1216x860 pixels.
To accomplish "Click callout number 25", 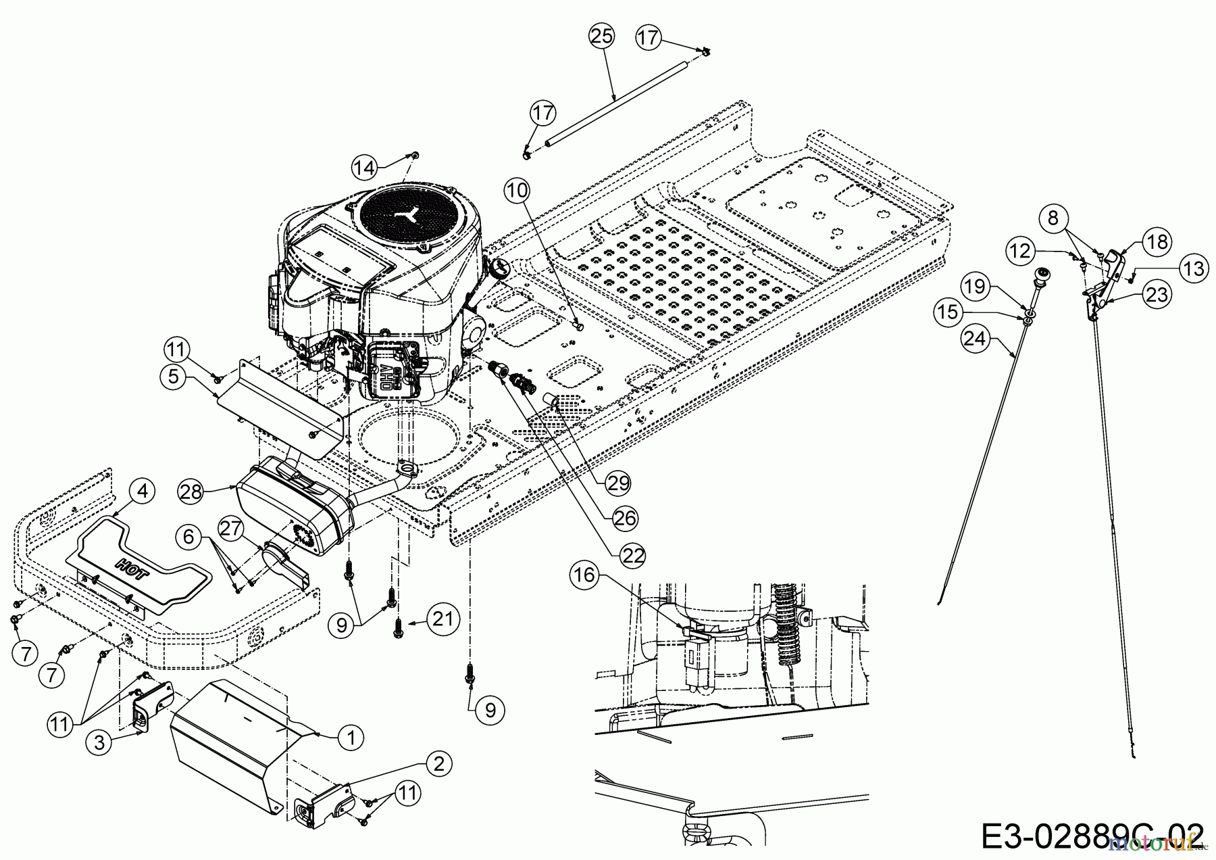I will point(602,36).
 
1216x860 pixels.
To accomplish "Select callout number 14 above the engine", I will point(365,167).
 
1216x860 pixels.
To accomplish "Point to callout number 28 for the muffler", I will point(191,492).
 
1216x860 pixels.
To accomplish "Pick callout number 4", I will point(141,492).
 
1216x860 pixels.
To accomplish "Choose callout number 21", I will point(442,619).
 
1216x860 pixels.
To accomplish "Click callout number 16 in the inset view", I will point(584,575).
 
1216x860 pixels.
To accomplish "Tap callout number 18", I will point(1157,242).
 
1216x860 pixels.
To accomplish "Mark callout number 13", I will point(1194,269).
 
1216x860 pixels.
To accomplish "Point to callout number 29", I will point(618,483).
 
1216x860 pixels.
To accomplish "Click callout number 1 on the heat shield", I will point(350,737).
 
